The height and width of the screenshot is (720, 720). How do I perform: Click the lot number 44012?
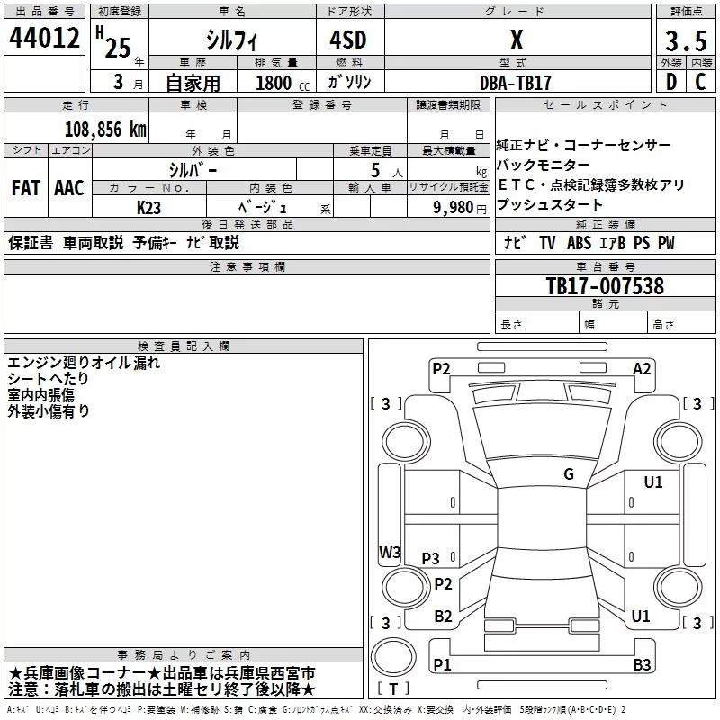tap(44, 38)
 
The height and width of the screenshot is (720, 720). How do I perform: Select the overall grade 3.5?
tap(686, 40)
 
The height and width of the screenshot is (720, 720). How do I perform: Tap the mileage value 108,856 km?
tap(105, 130)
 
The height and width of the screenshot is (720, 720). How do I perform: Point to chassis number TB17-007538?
tap(605, 285)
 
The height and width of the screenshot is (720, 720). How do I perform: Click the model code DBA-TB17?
tap(515, 83)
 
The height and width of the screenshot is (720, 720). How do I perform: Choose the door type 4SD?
tap(348, 40)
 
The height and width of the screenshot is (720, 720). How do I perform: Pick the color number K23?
tap(148, 208)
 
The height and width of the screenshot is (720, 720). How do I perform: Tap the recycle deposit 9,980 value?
tap(454, 208)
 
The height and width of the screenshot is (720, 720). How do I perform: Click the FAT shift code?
tap(26, 188)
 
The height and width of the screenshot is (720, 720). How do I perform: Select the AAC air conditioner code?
tap(69, 188)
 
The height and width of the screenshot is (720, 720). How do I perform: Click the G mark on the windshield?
tap(569, 473)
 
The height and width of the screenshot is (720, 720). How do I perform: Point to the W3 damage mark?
tap(390, 552)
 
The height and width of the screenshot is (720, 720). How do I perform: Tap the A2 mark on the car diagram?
tap(642, 369)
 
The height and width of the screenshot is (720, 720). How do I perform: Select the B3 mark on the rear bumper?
tap(642, 664)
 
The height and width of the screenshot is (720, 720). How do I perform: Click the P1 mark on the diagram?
tap(442, 664)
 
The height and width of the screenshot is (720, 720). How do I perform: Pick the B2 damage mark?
tap(443, 616)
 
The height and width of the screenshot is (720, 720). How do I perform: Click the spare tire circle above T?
tap(393, 657)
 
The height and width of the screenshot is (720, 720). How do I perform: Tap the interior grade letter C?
tap(700, 82)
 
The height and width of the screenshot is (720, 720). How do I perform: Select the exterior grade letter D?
tap(671, 82)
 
